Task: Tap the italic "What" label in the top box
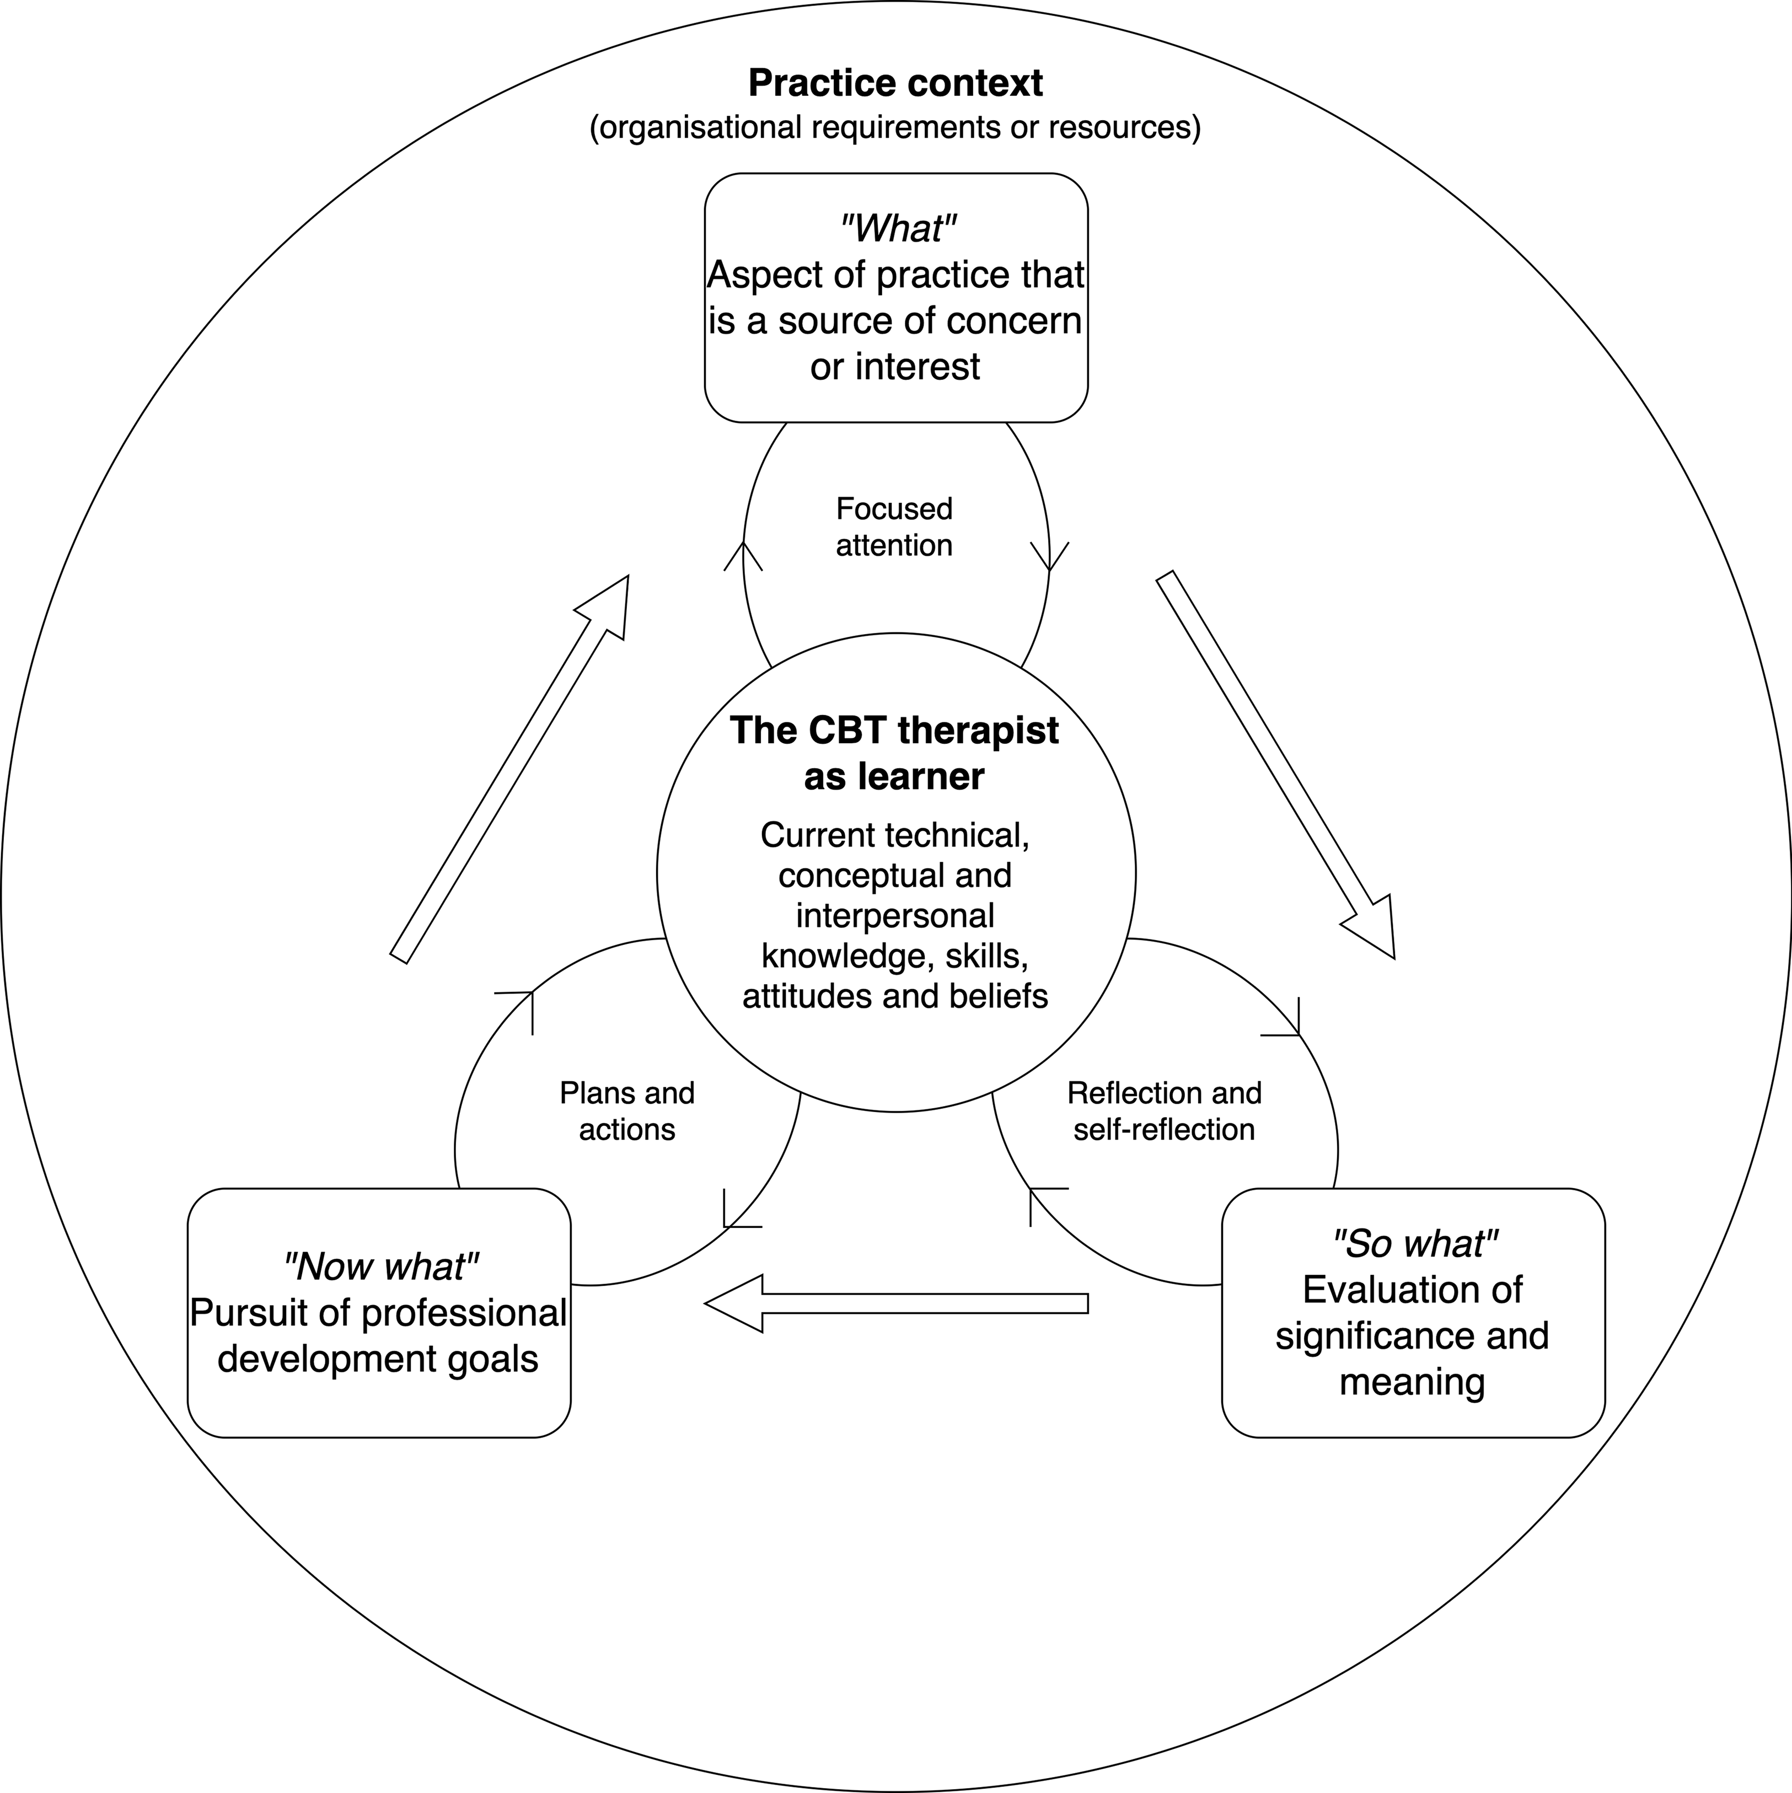pyautogui.click(x=897, y=228)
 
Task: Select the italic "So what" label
pyautogui.click(x=1414, y=1244)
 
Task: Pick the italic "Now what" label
pyautogui.click(x=380, y=1267)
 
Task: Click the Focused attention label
pyautogui.click(x=894, y=526)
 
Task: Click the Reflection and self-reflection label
pyautogui.click(x=1164, y=1111)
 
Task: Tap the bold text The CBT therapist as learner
pyautogui.click(x=894, y=753)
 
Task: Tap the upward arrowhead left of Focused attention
pyautogui.click(x=743, y=555)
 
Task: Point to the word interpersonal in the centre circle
pyautogui.click(x=894, y=915)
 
